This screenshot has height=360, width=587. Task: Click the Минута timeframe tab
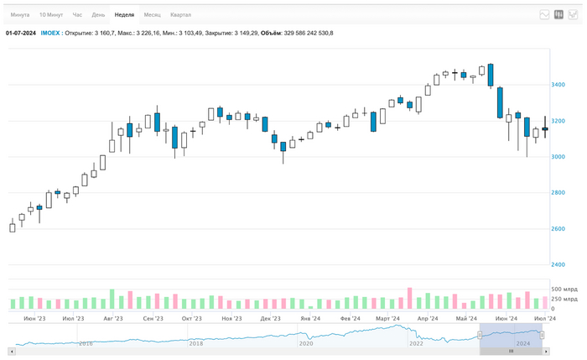[x=20, y=15]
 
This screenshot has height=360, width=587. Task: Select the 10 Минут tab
[x=51, y=15]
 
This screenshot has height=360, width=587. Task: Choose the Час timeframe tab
[x=77, y=15]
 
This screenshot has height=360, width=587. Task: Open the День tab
[x=99, y=15]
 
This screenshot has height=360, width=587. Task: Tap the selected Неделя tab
[x=124, y=15]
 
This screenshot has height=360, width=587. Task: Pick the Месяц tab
[x=152, y=15]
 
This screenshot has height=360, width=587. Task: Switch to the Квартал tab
[x=180, y=15]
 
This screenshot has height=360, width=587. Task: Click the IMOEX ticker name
[x=50, y=33]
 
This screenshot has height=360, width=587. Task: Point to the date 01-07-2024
[x=21, y=33]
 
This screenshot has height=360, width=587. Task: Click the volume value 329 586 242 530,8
[x=309, y=33]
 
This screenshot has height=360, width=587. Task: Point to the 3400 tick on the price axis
[x=558, y=85]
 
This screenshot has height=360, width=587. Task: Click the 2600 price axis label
[x=558, y=229]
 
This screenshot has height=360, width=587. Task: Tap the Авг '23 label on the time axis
[x=113, y=319]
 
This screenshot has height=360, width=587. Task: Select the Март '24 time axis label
[x=387, y=319]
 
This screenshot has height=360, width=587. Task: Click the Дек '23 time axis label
[x=270, y=319]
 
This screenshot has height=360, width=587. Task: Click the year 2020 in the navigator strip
[x=306, y=343]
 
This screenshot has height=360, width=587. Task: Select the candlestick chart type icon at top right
[x=558, y=15]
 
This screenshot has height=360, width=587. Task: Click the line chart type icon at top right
[x=544, y=15]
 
